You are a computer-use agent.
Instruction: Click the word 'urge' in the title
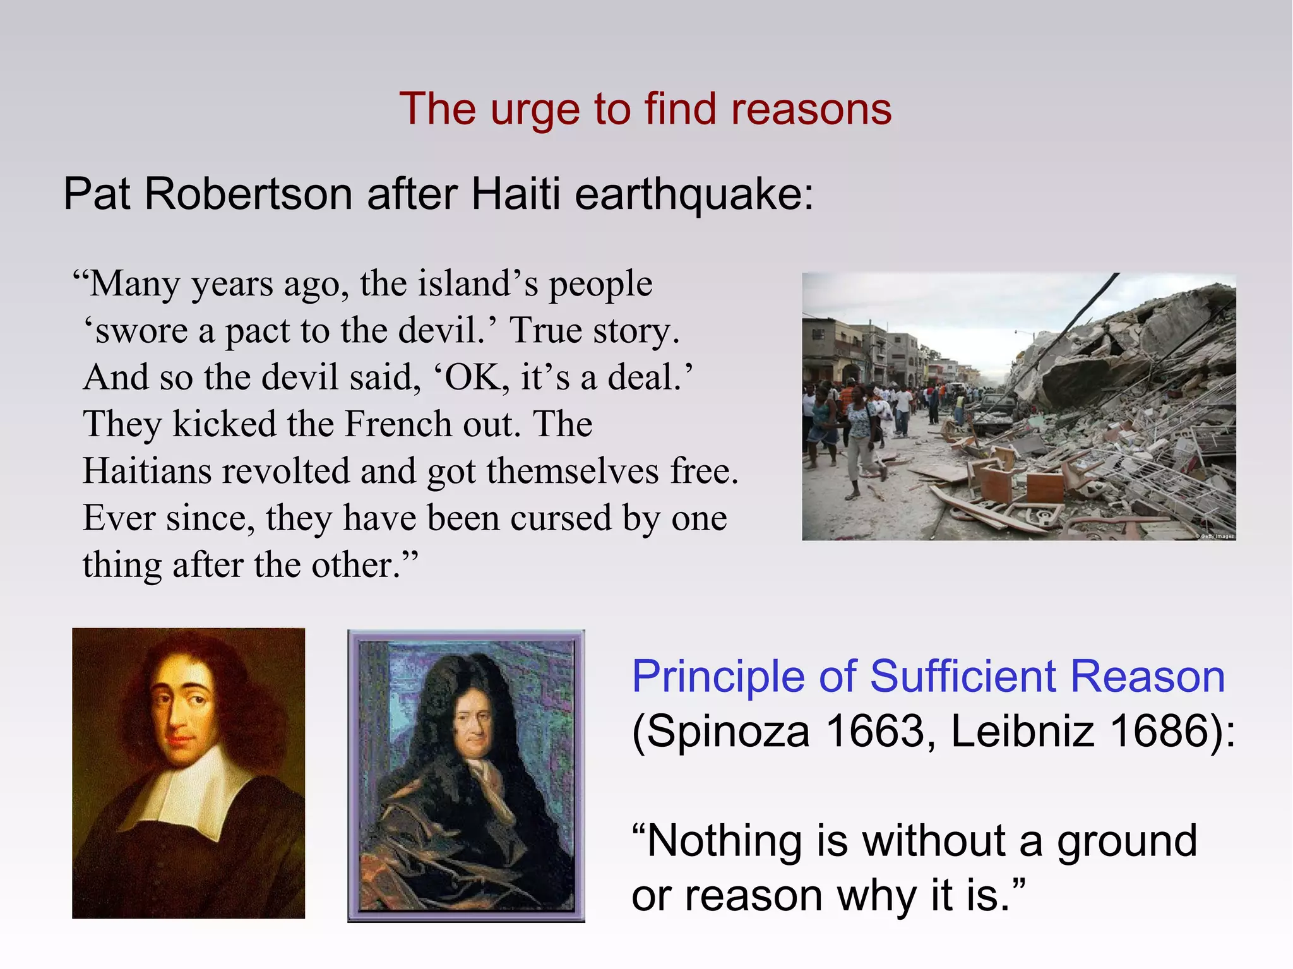click(535, 110)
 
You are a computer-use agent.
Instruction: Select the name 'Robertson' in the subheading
click(248, 194)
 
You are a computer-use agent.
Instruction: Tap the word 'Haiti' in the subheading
click(515, 194)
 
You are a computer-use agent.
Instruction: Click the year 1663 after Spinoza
click(874, 732)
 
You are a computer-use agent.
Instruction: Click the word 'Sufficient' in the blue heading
click(963, 677)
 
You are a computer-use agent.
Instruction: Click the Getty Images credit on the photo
click(1215, 536)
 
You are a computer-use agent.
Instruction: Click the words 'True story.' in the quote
click(594, 331)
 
